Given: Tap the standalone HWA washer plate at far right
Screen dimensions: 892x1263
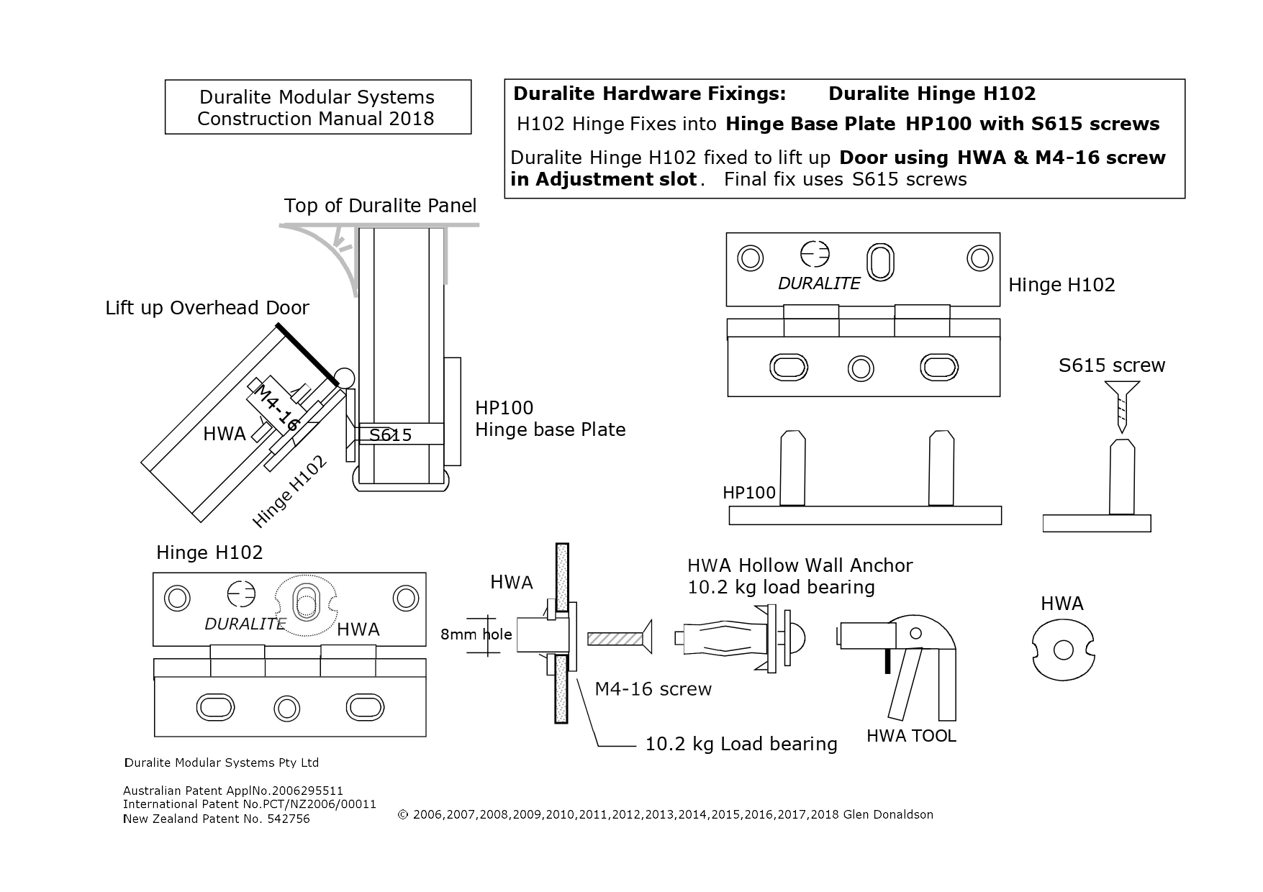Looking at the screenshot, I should (1063, 650).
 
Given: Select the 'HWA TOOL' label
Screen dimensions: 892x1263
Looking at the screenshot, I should (911, 736).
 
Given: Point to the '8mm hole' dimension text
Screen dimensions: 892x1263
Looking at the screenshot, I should (476, 634).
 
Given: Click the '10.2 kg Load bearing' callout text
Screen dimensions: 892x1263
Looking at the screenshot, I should (741, 744).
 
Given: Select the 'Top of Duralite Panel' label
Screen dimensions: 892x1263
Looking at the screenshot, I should (380, 206).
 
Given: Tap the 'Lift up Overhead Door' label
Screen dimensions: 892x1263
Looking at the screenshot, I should (207, 308).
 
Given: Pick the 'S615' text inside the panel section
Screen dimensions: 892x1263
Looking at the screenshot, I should (390, 434).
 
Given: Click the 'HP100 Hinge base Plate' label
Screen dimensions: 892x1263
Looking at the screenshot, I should (549, 419).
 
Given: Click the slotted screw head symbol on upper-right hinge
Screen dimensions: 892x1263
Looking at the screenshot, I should (815, 254).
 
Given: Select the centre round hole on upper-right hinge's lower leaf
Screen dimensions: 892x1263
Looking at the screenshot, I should (861, 368).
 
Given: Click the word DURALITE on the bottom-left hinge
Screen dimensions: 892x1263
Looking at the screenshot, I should (245, 624).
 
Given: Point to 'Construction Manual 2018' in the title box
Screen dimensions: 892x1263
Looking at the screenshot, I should (316, 119).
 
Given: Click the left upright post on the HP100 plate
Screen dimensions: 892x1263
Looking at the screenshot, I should (792, 468).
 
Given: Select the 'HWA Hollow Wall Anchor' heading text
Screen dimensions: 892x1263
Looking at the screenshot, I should (800, 565).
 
